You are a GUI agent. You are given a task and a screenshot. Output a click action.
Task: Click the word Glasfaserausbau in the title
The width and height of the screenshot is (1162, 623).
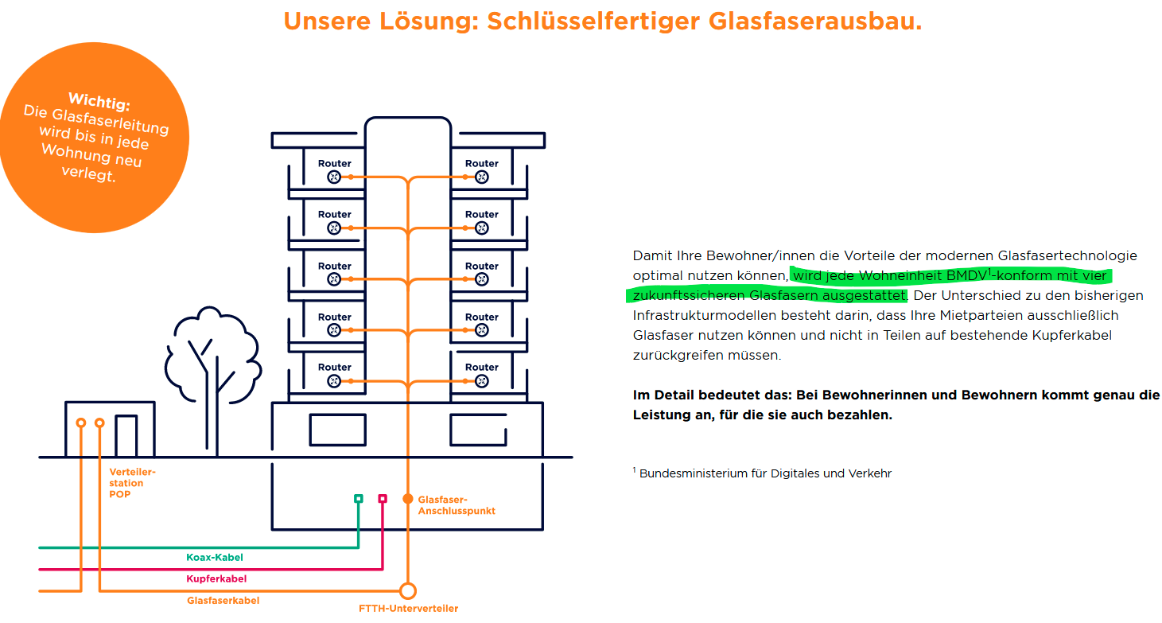pos(815,21)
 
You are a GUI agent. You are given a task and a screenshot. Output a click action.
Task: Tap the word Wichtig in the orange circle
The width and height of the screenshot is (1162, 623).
pos(99,101)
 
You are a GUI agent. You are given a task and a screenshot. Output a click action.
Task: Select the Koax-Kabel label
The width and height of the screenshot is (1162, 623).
pos(214,557)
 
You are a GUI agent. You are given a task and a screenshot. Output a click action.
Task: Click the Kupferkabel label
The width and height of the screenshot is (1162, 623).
pos(216,578)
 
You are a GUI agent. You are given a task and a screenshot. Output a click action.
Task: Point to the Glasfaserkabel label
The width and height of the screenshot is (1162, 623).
pos(223,600)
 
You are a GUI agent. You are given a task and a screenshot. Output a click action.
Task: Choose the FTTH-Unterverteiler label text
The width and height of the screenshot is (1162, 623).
pos(408,608)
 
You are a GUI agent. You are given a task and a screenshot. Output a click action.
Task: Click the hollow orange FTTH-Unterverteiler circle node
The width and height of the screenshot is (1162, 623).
pos(408,591)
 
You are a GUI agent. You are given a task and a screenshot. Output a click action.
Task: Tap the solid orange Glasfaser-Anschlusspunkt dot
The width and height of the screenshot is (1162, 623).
pos(408,499)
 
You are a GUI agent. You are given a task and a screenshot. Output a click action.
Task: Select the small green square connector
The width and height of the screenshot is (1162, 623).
pos(359,498)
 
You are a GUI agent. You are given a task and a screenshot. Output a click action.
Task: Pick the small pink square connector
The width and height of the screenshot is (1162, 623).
pos(383,498)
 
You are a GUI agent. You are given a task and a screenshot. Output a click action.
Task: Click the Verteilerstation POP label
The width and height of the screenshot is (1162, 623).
pos(132,483)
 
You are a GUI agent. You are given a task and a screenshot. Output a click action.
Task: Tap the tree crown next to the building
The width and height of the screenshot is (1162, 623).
pos(212,354)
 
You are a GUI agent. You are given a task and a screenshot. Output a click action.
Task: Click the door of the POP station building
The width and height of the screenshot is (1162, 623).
pos(126,435)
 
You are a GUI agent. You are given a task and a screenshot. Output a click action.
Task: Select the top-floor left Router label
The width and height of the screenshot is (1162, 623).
pos(335,163)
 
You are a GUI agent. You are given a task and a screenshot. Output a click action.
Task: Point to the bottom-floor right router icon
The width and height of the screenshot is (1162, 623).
pos(481,381)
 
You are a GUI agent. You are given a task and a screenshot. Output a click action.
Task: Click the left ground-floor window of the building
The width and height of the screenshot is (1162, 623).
pos(338,430)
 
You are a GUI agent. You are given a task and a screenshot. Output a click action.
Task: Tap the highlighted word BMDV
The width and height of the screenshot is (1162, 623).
pos(966,275)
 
